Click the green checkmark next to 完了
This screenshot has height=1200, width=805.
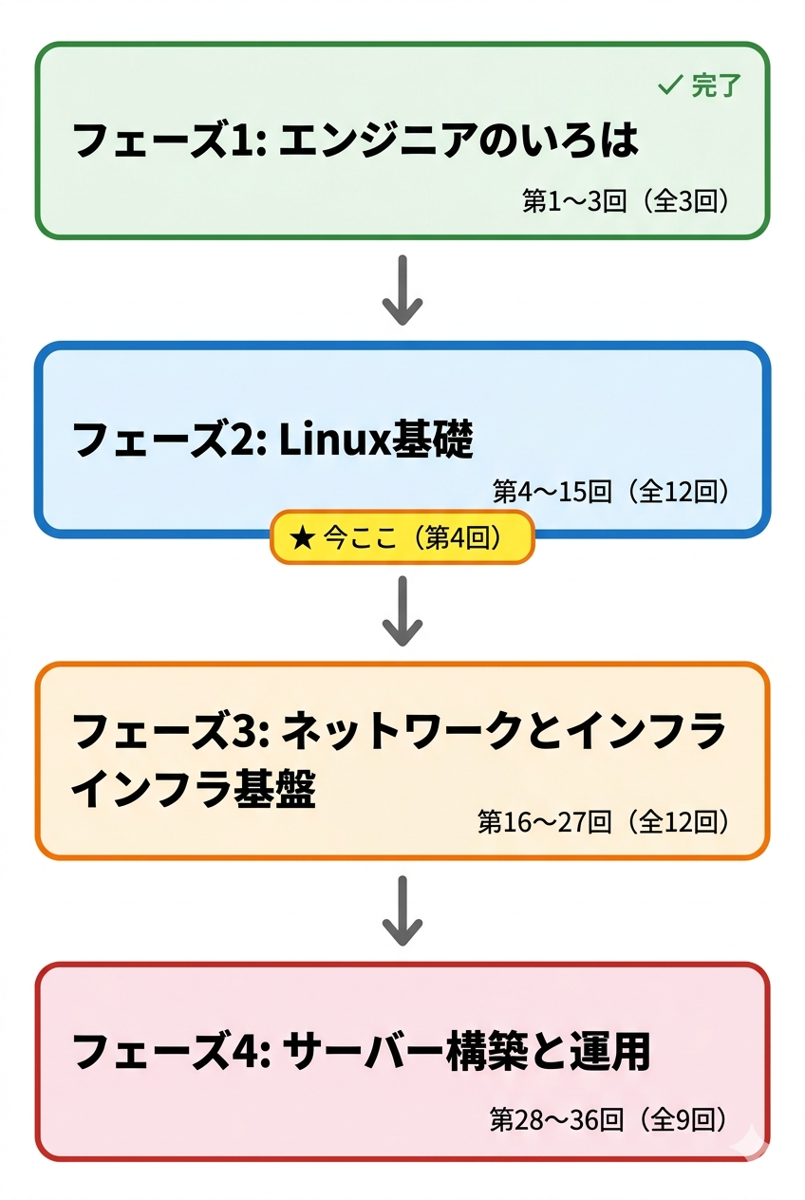pos(670,85)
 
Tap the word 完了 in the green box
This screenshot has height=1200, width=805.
pos(715,85)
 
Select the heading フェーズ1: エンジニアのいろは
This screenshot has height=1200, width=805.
pos(355,141)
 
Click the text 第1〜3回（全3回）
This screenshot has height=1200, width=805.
pos(626,201)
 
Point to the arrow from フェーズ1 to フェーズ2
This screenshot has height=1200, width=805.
pos(402,290)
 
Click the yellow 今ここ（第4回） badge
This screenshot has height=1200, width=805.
pos(402,538)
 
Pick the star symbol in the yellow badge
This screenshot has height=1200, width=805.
pos(301,538)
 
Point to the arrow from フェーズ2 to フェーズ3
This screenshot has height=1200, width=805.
pos(402,610)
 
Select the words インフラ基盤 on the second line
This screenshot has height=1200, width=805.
pos(194,790)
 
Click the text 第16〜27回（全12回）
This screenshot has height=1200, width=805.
pos(604,822)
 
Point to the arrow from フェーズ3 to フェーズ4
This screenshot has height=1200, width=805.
pos(402,910)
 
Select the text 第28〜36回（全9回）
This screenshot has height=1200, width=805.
pos(609,1120)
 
